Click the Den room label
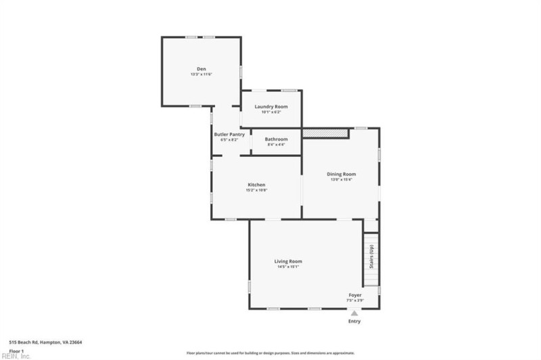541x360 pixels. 201,68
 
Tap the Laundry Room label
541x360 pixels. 270,107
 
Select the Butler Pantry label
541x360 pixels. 229,134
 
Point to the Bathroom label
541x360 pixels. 276,139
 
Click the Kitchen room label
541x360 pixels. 256,185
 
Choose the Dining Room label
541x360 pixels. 342,174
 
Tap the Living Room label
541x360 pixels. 288,261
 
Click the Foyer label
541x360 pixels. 355,295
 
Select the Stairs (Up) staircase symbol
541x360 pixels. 371,260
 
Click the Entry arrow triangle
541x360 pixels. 354,313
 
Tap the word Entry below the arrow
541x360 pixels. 354,321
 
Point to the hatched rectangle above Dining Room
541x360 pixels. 325,133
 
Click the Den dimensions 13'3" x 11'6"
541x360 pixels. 201,74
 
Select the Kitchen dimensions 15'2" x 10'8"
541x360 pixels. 256,190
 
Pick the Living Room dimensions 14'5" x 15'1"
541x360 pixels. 288,267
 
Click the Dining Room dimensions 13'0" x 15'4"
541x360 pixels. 342,179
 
